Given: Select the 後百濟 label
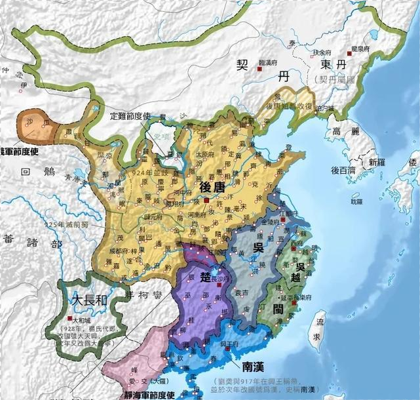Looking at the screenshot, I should pos(343,170).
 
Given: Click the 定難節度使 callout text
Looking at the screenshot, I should pos(130,115).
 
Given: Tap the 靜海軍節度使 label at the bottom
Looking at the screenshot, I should pos(144,395).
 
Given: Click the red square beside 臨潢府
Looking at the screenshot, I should pos(260,68).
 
